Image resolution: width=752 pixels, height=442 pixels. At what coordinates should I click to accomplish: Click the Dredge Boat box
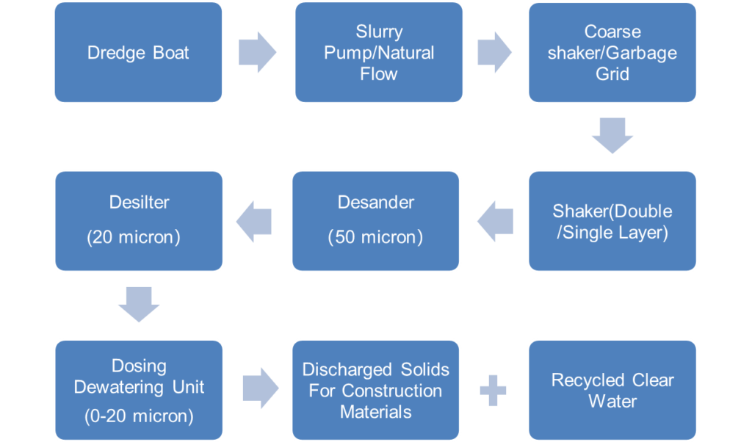pos(138,52)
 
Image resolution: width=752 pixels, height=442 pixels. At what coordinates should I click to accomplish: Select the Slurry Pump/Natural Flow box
pos(379,52)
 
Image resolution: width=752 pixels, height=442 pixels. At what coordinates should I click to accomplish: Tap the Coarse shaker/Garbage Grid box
pos(612,52)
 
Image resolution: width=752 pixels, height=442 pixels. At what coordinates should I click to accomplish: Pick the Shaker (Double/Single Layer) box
pos(612,221)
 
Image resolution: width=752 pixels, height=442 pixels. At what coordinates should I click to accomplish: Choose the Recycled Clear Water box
pos(612,390)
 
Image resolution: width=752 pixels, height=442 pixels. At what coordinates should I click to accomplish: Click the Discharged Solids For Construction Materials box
pos(375,390)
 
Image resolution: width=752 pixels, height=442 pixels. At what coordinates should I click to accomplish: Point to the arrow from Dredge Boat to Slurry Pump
pos(258,52)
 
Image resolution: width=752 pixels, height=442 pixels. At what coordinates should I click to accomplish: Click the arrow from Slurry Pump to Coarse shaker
pos(494,52)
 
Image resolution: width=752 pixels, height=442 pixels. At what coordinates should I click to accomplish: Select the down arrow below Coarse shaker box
pos(612,136)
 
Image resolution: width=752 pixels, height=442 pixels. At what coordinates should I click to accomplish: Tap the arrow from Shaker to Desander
pos(495,222)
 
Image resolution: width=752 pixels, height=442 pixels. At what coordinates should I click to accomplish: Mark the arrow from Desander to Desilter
pos(253,222)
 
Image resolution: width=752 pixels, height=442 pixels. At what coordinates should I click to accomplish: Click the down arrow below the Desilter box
pos(139,305)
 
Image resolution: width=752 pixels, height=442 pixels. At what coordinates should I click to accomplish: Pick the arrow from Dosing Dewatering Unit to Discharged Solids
pos(261,388)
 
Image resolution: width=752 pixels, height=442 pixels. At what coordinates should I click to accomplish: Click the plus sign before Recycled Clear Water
pos(493,391)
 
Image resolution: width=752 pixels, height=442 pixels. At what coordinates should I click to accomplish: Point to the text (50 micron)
pos(375,237)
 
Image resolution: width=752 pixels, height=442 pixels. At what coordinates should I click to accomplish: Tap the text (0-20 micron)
pos(139,416)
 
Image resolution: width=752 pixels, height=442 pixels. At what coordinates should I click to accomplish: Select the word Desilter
pos(139,203)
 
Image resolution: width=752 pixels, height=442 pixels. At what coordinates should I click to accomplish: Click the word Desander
pos(375,203)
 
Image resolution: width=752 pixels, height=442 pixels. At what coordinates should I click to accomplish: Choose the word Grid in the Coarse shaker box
pos(612,74)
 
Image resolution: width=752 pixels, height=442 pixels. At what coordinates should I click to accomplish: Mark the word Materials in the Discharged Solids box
pos(375,412)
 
